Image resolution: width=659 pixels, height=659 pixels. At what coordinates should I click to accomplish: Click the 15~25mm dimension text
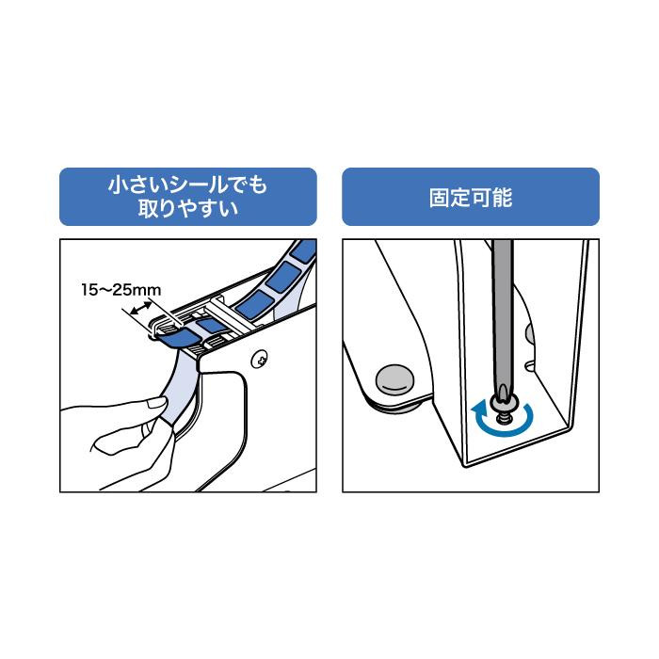tap(121, 290)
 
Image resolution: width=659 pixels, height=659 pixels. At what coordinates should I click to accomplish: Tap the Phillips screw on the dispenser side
tap(260, 360)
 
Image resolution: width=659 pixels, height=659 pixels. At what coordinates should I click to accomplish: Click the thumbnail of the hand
tap(157, 403)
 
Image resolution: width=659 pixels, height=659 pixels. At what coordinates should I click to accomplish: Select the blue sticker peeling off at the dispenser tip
tap(180, 338)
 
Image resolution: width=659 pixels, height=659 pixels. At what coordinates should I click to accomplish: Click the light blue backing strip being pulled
tap(181, 389)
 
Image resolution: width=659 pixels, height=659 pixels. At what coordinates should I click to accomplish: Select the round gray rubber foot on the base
tap(394, 379)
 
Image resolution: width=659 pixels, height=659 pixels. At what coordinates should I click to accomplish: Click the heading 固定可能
tap(471, 198)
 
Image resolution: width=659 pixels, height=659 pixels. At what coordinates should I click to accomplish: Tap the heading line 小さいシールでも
tap(188, 185)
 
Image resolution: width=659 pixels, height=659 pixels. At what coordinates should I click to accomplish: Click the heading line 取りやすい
tap(188, 208)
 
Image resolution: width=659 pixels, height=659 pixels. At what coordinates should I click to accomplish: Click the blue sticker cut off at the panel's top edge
tap(304, 249)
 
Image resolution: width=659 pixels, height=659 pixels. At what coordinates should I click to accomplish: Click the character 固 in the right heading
tap(440, 198)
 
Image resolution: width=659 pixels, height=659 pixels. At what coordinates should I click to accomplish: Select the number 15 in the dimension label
tap(89, 290)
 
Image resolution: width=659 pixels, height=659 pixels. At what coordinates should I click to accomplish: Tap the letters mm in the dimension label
tap(148, 291)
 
